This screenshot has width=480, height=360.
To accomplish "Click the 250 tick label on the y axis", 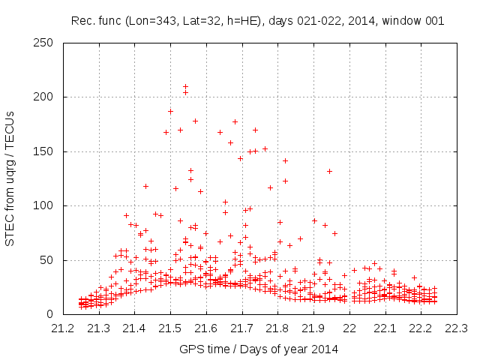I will pos(46,43).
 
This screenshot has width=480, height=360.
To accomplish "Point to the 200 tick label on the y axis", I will pos(46,97).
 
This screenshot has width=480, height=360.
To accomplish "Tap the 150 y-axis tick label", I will pos(46,151).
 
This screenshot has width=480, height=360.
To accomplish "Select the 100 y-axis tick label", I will pos(46,205).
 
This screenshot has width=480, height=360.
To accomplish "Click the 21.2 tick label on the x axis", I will pos(63,328).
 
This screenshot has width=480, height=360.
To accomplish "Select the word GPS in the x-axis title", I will pos(190,349).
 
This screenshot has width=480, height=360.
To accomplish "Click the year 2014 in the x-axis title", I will pos(325,349).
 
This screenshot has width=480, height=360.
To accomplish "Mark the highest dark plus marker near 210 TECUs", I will pos(185,87).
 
